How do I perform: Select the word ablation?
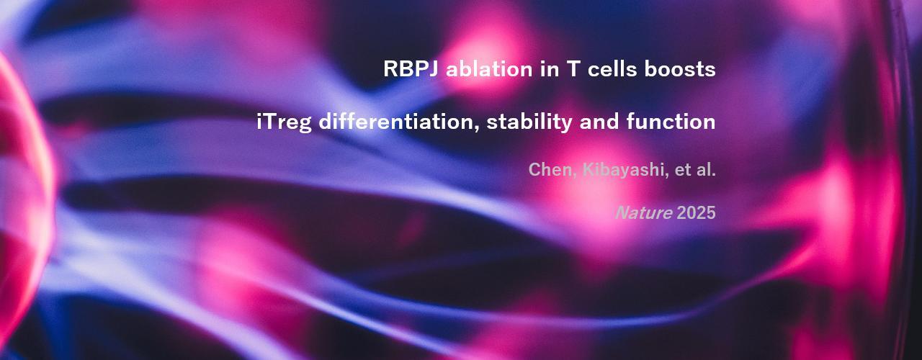coord(489,68)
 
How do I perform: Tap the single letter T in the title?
coord(573,68)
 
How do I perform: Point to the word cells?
coord(612,68)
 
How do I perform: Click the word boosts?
coord(680,68)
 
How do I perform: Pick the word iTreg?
coord(284,122)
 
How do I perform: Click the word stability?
coord(529,122)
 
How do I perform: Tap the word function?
coord(671,122)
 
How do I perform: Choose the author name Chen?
coord(549,169)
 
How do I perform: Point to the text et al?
coord(695,170)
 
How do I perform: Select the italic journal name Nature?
coord(644,212)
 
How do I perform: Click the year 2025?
coord(696,212)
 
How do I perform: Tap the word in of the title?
coord(550,68)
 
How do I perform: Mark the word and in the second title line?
coord(599,122)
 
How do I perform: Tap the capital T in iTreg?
coord(269,122)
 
